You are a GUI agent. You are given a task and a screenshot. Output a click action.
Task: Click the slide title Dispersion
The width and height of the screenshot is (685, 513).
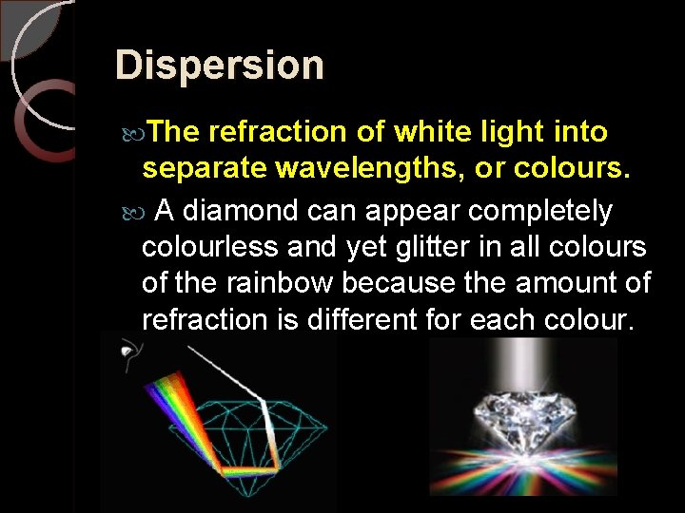coord(219,66)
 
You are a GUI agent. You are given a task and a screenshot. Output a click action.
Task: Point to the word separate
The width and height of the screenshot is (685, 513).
coord(205,168)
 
